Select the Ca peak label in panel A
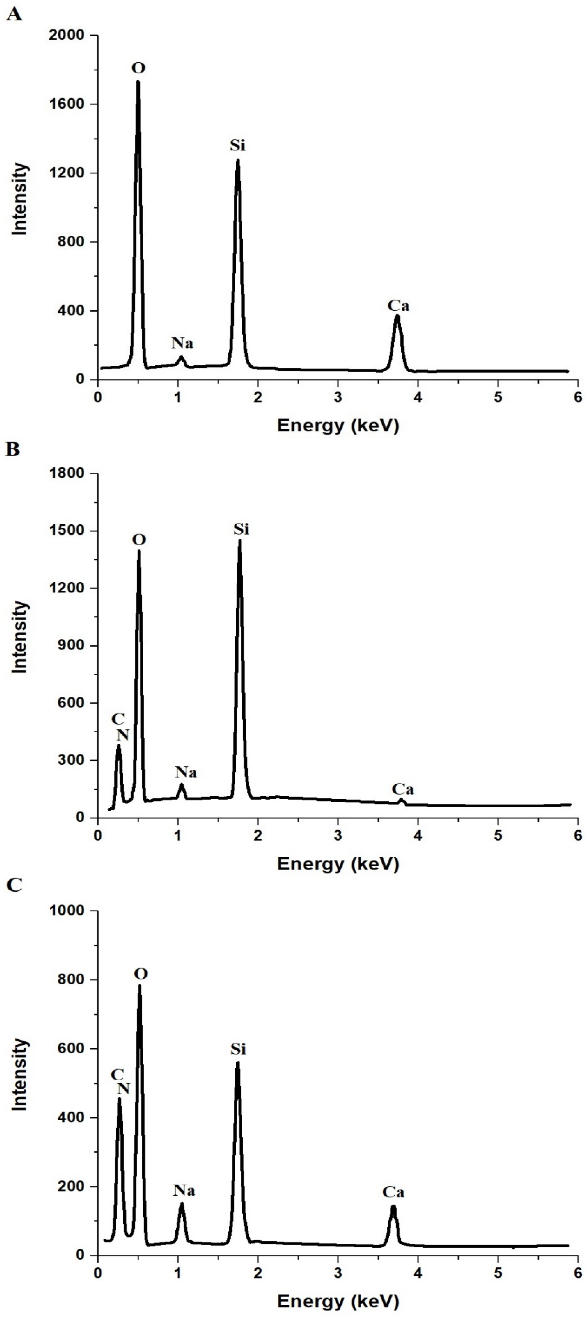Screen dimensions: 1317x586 point(398,306)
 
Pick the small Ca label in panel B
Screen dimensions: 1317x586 point(403,789)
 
